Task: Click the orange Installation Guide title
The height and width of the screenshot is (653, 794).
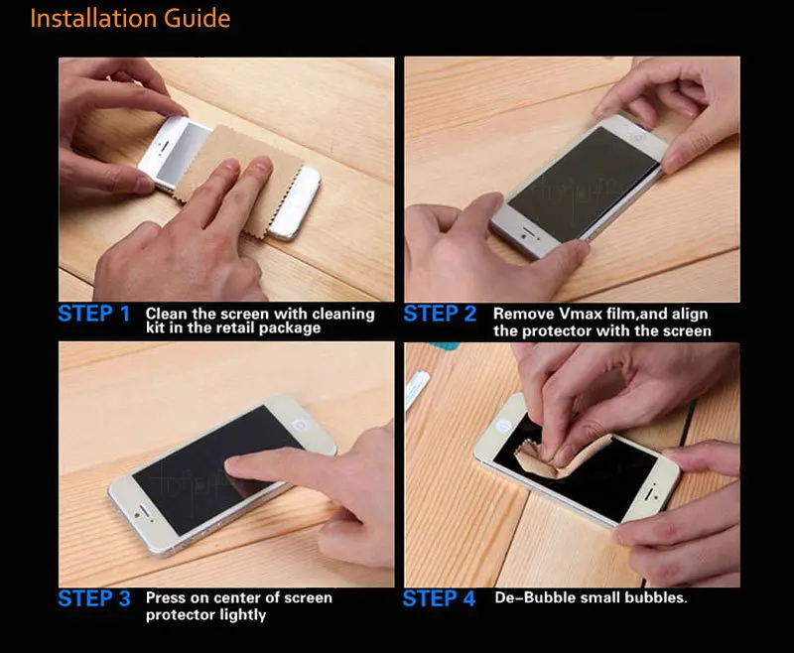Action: click(x=130, y=19)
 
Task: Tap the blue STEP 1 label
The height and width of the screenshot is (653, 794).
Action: click(x=94, y=314)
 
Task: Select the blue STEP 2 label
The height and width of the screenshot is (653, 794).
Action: click(x=440, y=314)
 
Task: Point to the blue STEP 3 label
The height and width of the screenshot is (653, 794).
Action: click(x=94, y=598)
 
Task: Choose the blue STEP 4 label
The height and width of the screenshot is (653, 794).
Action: click(x=439, y=598)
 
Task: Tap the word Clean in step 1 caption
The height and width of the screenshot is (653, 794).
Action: click(x=167, y=314)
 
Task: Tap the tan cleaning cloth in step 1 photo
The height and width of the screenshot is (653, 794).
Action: click(x=238, y=178)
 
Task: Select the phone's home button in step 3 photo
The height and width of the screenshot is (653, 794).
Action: click(x=301, y=424)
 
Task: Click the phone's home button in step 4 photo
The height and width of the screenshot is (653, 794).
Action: click(x=503, y=426)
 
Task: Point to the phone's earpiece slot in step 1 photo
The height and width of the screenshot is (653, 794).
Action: click(x=164, y=145)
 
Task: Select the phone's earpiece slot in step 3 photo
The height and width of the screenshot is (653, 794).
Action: click(x=144, y=507)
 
